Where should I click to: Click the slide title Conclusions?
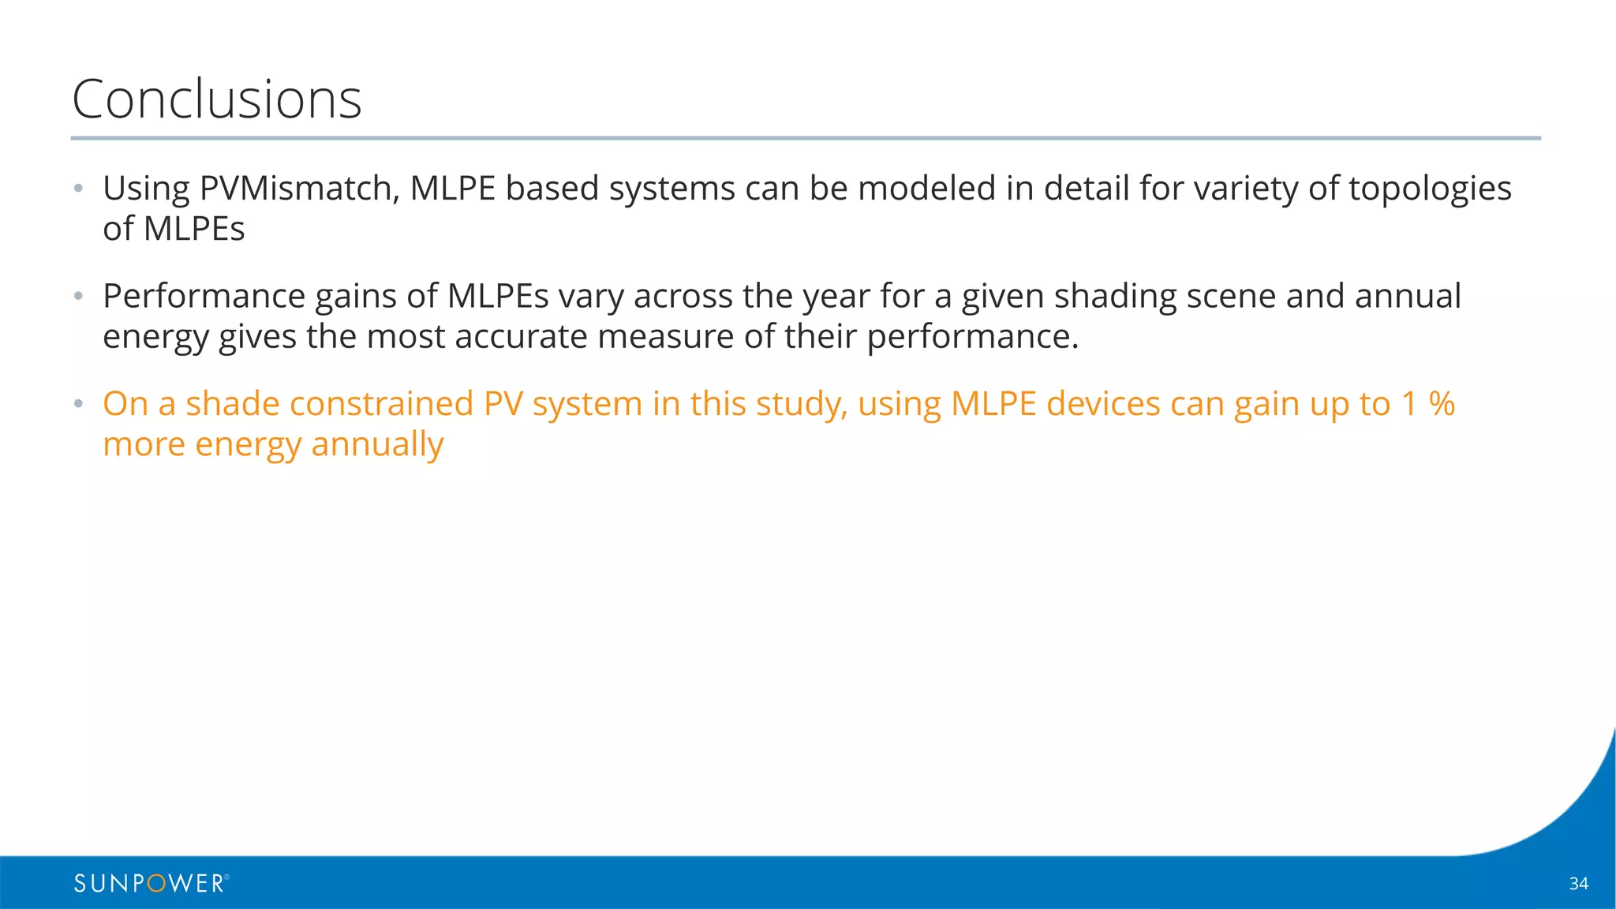click(x=216, y=99)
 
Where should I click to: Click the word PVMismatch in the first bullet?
click(x=298, y=189)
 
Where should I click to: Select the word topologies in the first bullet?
click(x=1430, y=189)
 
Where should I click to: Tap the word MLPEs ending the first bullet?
click(x=194, y=229)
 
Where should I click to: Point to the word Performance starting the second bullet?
click(x=204, y=297)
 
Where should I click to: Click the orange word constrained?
click(x=381, y=404)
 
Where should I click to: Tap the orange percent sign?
click(x=1442, y=404)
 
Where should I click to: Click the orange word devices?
click(x=1102, y=404)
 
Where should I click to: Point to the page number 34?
click(x=1578, y=884)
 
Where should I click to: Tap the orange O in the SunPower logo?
click(x=156, y=884)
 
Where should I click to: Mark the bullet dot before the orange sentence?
click(x=78, y=404)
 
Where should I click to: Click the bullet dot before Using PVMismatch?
click(x=78, y=189)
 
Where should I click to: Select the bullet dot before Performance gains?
click(x=78, y=297)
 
